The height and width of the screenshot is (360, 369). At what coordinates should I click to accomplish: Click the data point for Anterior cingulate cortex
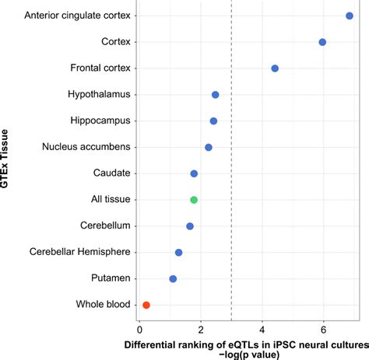pyautogui.click(x=350, y=16)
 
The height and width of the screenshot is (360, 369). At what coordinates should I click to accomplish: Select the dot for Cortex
pyautogui.click(x=322, y=42)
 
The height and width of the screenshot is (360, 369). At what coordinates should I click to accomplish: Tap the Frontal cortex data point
pyautogui.click(x=275, y=68)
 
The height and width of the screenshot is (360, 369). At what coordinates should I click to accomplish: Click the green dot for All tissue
pyautogui.click(x=194, y=200)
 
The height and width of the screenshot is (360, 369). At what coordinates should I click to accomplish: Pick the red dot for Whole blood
pyautogui.click(x=146, y=305)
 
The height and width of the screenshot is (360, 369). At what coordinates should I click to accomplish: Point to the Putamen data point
pyautogui.click(x=173, y=278)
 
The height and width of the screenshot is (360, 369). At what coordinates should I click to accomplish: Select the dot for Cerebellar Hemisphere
pyautogui.click(x=178, y=252)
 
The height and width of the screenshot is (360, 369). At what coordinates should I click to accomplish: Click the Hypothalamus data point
pyautogui.click(x=215, y=95)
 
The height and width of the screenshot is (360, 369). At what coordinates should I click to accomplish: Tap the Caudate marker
pyautogui.click(x=194, y=173)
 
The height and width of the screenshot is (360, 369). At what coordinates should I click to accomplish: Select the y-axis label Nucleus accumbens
pyautogui.click(x=86, y=147)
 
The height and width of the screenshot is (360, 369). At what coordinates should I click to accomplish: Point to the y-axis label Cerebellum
pyautogui.click(x=105, y=226)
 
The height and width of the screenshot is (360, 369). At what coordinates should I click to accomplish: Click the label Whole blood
pyautogui.click(x=103, y=305)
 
